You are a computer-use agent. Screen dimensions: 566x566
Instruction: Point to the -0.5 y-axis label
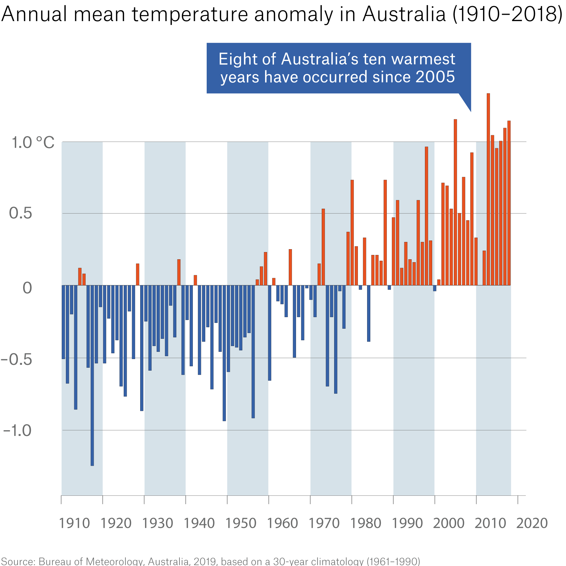pos(16,360)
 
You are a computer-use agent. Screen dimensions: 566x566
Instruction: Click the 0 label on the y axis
pos(27,288)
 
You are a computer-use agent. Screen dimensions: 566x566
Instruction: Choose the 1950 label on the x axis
pos(241,523)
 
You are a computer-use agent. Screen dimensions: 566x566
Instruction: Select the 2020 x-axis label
pos(532,523)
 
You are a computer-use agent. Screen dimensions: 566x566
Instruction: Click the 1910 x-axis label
pos(74,523)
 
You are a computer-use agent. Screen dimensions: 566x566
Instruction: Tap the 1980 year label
pos(366,523)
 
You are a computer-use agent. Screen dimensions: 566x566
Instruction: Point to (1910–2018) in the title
pos(507,14)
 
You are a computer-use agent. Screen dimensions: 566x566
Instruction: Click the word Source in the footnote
pos(18,561)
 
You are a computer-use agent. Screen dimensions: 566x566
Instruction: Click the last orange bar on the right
pos(509,203)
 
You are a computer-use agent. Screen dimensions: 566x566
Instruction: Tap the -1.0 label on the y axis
pos(17,431)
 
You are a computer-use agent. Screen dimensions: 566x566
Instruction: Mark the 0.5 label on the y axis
pos(21,213)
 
